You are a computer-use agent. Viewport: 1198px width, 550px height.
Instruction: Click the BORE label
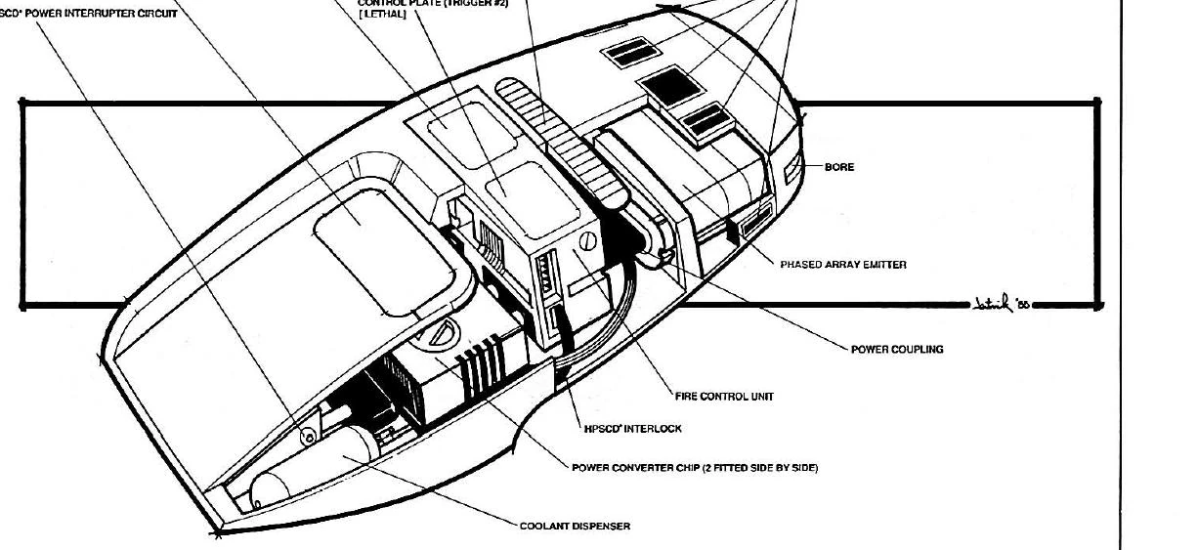coord(839,167)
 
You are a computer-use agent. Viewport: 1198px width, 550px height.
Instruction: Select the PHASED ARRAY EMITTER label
coord(842,265)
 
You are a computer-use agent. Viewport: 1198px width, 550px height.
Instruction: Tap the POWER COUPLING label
coord(897,349)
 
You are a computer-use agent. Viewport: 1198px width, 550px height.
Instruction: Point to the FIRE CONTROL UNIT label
coord(724,397)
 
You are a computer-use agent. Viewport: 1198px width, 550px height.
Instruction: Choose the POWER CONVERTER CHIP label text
coord(694,468)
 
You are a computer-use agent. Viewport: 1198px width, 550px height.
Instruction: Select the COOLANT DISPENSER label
coord(575,526)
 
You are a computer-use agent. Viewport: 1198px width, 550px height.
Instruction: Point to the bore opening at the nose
coord(792,170)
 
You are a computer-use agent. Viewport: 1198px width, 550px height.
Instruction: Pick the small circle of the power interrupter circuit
coord(307,437)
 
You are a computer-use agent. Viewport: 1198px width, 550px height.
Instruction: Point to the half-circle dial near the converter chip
coord(439,332)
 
